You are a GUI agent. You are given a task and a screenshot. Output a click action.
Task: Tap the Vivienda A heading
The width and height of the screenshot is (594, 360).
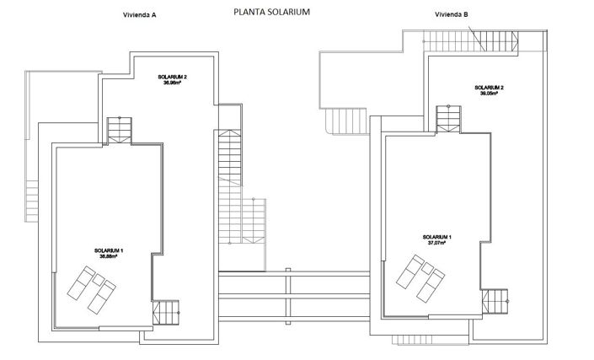[139, 14]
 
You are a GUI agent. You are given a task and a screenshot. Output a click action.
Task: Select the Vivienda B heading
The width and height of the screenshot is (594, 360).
[451, 14]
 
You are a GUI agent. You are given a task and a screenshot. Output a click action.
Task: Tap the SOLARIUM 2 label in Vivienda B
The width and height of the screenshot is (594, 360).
[489, 88]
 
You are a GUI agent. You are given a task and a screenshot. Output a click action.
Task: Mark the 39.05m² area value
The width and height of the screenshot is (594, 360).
[489, 94]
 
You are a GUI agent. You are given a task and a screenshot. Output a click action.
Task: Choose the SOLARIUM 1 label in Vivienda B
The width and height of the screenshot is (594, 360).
[437, 237]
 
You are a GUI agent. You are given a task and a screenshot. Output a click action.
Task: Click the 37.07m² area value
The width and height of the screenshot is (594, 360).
[437, 243]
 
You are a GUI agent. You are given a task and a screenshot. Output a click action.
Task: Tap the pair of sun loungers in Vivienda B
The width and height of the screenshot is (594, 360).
[420, 276]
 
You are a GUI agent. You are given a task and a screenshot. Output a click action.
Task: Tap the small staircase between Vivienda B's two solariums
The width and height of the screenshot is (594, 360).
[448, 119]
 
